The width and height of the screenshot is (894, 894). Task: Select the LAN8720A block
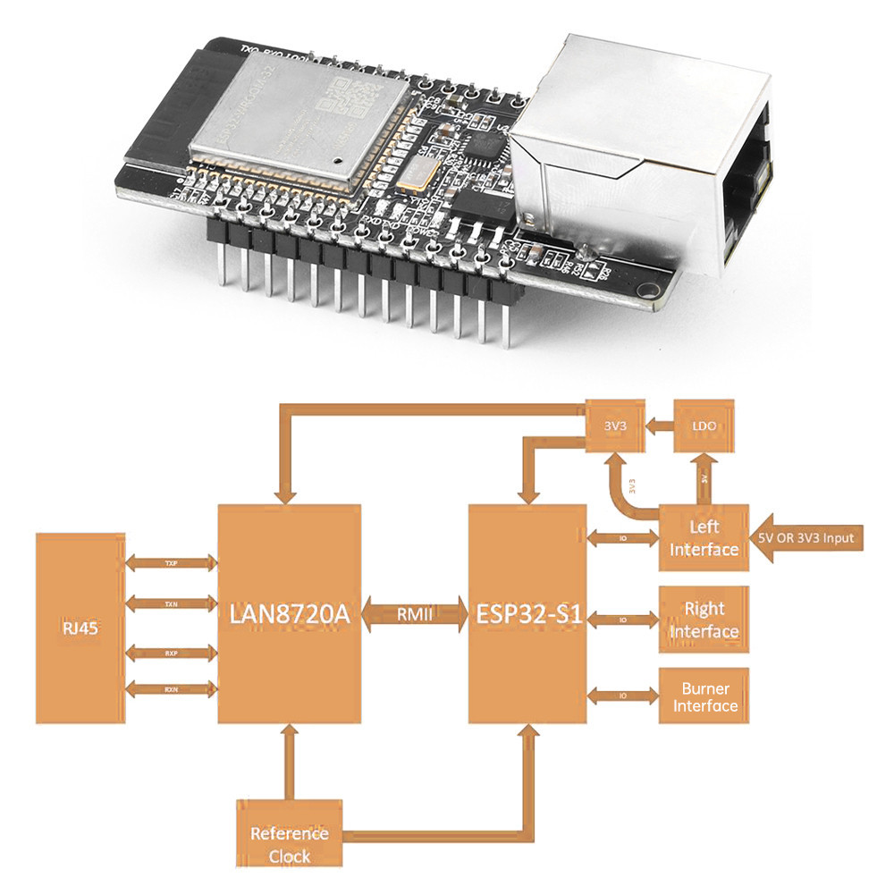tap(289, 613)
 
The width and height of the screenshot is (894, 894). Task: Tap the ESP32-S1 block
tap(527, 613)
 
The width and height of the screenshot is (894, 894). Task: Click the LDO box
tap(704, 426)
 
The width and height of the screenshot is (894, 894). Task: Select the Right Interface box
tap(704, 620)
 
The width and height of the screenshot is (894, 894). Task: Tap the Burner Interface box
tap(704, 696)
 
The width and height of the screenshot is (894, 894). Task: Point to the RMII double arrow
tap(415, 614)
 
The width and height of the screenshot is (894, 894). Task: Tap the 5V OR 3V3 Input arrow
tap(809, 538)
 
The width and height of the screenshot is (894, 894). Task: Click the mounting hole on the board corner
tap(645, 288)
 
